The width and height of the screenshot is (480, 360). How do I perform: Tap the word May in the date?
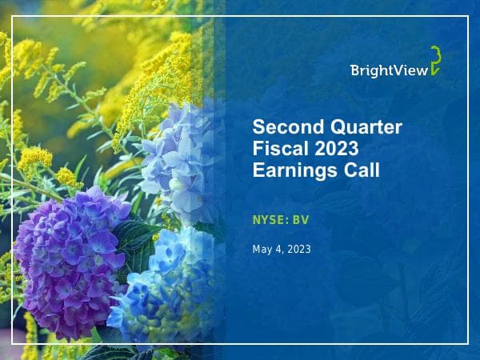[x=262, y=250]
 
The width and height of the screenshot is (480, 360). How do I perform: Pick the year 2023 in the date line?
[x=298, y=250]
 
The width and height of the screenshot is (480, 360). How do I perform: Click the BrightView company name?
[x=386, y=70]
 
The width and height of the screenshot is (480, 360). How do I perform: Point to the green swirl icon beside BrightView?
[x=434, y=62]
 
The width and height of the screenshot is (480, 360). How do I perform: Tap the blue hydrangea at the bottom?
[x=164, y=288]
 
